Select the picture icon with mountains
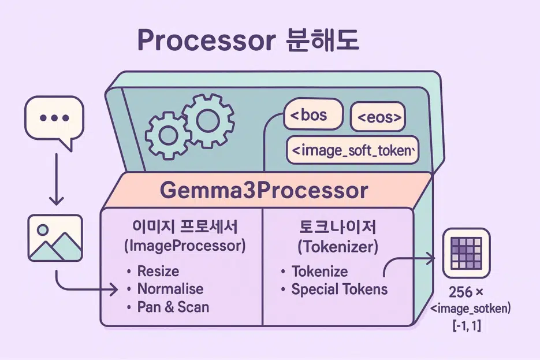55,238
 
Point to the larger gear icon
207,118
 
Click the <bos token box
313,115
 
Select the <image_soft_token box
352,151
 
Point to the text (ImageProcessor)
185,246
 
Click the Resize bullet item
158,271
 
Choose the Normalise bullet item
170,289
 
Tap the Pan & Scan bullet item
173,307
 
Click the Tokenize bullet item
319,271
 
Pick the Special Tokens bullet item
339,289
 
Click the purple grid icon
466,254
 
